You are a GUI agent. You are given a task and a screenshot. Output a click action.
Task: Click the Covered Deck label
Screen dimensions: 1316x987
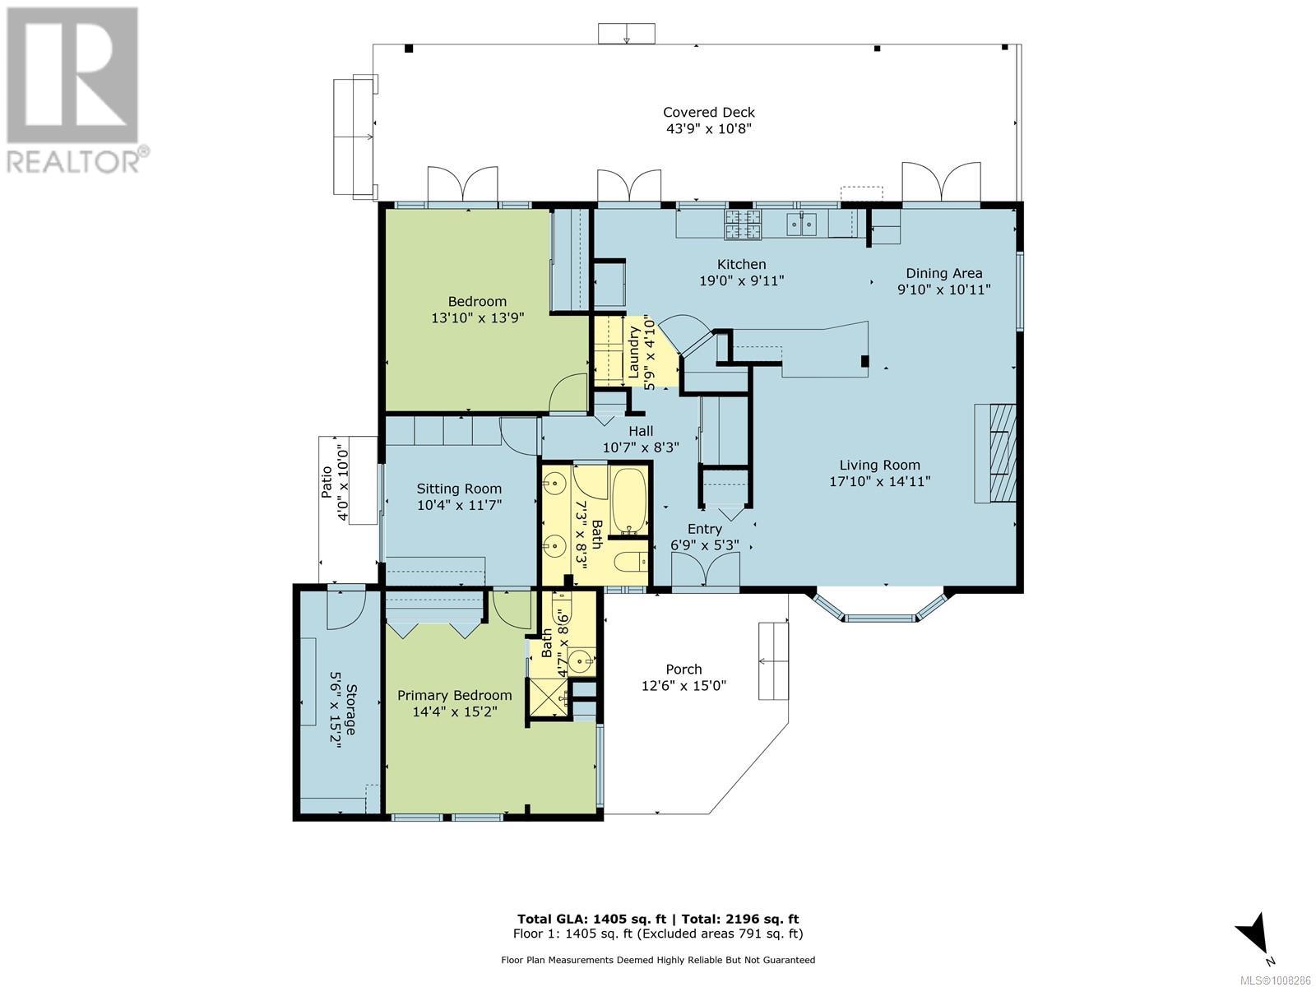(709, 112)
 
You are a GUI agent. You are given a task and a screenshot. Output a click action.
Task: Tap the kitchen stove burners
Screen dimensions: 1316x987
(744, 224)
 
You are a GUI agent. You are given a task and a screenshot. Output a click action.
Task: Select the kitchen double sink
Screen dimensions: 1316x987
(801, 224)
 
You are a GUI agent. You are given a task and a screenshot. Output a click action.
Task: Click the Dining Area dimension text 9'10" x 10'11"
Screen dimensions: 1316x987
(943, 290)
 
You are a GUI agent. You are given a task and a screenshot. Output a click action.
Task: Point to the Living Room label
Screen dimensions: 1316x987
(879, 465)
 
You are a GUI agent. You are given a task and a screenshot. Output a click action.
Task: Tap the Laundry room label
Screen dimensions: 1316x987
(634, 352)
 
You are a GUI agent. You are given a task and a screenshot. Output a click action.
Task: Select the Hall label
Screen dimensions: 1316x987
(641, 430)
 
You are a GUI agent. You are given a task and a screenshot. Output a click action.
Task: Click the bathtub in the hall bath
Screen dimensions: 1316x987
(629, 500)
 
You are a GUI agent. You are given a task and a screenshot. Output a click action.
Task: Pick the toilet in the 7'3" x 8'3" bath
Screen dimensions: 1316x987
(632, 562)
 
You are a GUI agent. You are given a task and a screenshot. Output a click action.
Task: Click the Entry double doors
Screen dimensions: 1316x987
(705, 570)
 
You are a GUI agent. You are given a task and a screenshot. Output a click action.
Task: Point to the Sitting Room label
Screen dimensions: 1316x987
(459, 489)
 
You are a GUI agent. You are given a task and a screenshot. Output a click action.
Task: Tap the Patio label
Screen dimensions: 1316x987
(327, 482)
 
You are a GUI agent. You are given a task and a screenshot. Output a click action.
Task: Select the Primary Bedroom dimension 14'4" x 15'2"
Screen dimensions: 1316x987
(455, 712)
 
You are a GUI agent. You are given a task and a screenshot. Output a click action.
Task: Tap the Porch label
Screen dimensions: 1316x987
(683, 670)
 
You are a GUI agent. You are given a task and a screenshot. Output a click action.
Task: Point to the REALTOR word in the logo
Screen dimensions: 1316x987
(73, 161)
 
